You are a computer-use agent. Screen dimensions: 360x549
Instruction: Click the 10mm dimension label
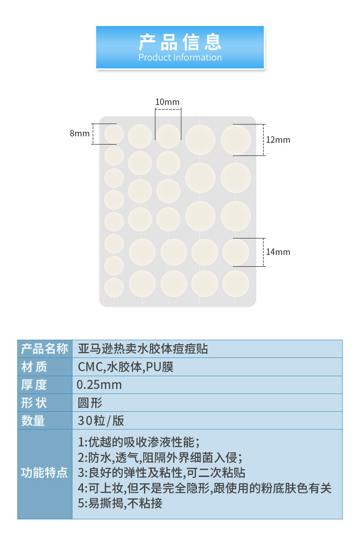point(168,102)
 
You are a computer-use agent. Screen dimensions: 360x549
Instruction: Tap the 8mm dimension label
point(79,134)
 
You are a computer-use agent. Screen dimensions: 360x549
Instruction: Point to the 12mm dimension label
point(278,140)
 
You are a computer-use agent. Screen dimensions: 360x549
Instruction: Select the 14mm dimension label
point(278,252)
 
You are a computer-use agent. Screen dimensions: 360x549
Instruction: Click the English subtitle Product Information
point(180,57)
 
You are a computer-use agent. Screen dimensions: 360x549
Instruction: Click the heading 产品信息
point(180,42)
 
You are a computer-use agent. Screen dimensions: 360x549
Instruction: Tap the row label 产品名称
point(45,349)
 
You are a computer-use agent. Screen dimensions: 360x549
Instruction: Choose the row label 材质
point(34,367)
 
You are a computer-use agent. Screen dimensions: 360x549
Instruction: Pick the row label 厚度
point(34,384)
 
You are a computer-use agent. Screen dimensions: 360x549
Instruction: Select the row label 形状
point(34,403)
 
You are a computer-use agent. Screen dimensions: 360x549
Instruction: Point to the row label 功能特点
point(45,472)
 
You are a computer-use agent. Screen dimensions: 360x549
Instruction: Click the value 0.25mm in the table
point(99,384)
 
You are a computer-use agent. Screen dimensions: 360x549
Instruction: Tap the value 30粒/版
point(101,420)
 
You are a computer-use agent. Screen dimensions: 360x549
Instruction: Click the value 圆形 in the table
point(90,403)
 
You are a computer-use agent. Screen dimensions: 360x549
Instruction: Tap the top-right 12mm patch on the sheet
point(236,140)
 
